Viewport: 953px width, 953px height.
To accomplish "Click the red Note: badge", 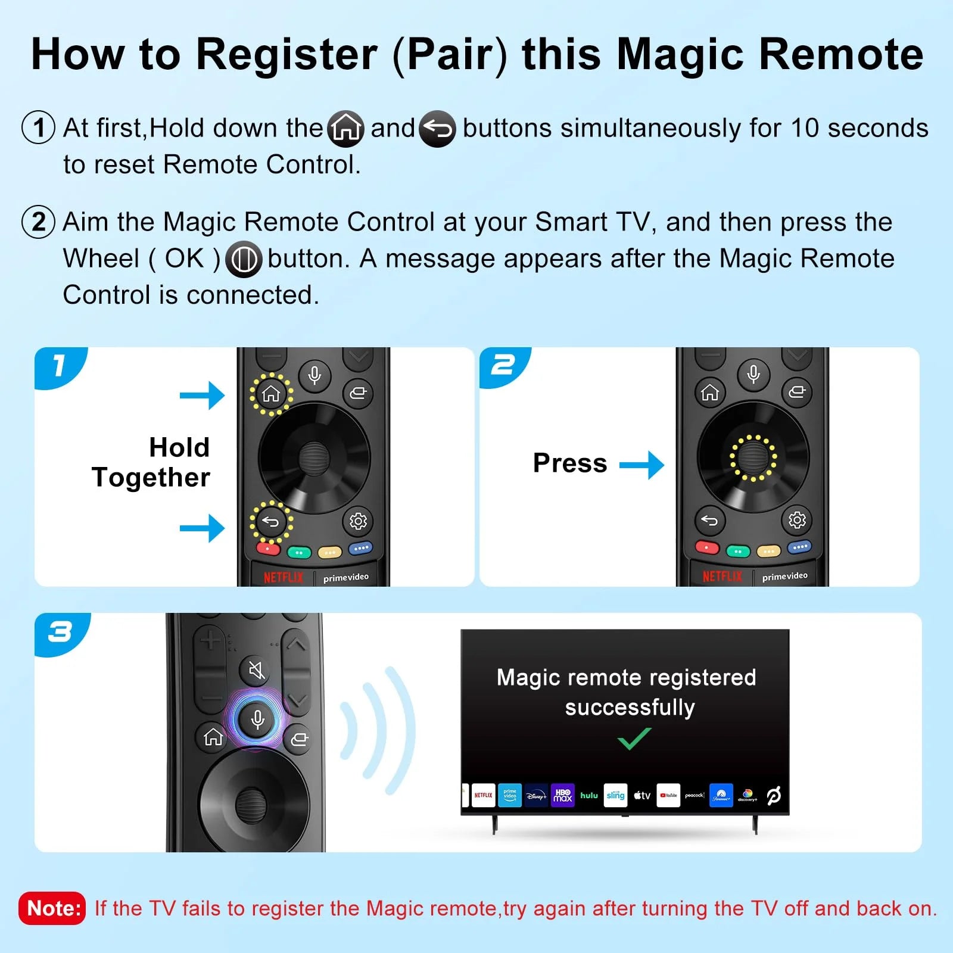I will (52, 908).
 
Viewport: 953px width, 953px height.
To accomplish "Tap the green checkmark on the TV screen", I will (634, 739).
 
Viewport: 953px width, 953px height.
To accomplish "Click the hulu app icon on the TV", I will (588, 795).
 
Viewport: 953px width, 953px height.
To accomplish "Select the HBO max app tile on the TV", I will (562, 795).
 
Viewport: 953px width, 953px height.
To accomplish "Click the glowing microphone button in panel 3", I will (257, 719).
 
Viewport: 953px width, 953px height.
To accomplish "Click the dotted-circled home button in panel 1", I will (271, 394).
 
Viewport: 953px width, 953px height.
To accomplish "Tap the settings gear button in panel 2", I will (797, 520).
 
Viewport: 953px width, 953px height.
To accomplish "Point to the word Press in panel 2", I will (570, 463).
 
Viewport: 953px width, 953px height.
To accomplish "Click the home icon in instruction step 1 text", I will (346, 129).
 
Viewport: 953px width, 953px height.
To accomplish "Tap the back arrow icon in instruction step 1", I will (438, 129).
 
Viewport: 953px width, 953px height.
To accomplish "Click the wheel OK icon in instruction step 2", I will (244, 259).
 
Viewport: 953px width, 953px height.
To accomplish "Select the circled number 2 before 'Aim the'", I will (39, 222).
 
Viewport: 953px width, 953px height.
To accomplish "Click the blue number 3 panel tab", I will (61, 633).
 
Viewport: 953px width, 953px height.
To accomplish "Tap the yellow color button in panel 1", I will (329, 552).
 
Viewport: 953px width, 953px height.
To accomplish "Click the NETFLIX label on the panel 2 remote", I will (722, 576).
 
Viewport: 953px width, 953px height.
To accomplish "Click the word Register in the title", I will (286, 55).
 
